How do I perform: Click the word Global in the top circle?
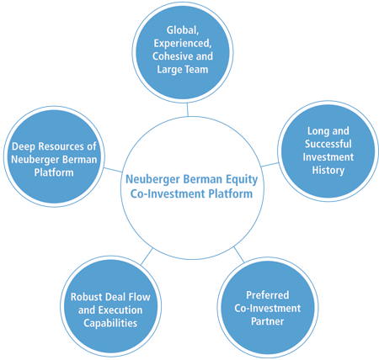tap(183, 30)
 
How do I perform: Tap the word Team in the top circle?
tap(197, 69)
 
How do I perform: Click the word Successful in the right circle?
tap(328, 144)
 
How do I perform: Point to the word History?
tap(328, 170)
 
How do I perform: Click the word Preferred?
tap(268, 295)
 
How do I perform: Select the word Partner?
tap(268, 321)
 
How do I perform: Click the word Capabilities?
tap(110, 323)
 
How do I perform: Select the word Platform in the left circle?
tap(54, 172)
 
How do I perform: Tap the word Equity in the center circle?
tap(242, 179)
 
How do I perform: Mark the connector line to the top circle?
tap(188, 109)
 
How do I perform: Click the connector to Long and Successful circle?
tap(270, 165)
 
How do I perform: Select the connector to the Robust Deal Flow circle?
tap(147, 257)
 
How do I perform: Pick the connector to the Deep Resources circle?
tap(113, 170)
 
